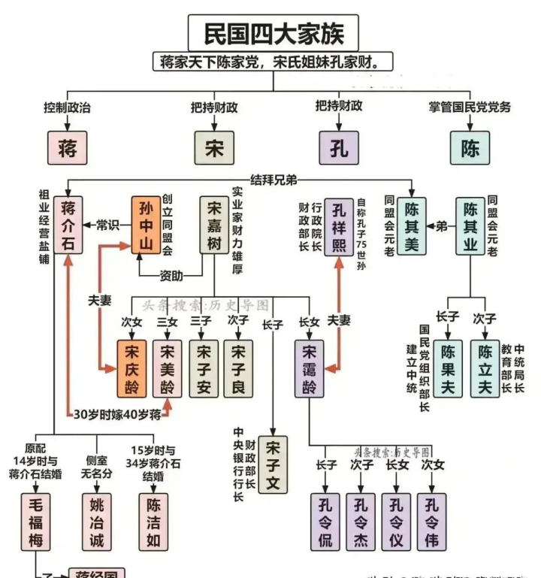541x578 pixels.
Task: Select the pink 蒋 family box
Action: click(67, 147)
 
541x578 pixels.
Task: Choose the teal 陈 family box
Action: click(470, 147)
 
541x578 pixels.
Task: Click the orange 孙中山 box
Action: click(147, 225)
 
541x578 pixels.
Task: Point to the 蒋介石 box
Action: click(68, 225)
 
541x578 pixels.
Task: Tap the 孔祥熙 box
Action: click(339, 225)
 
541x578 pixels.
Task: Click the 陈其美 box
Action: click(411, 225)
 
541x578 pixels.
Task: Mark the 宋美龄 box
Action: click(168, 368)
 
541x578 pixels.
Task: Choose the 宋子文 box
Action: click(273, 465)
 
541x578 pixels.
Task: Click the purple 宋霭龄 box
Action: click(310, 368)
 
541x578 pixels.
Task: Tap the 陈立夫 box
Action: click(485, 368)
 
